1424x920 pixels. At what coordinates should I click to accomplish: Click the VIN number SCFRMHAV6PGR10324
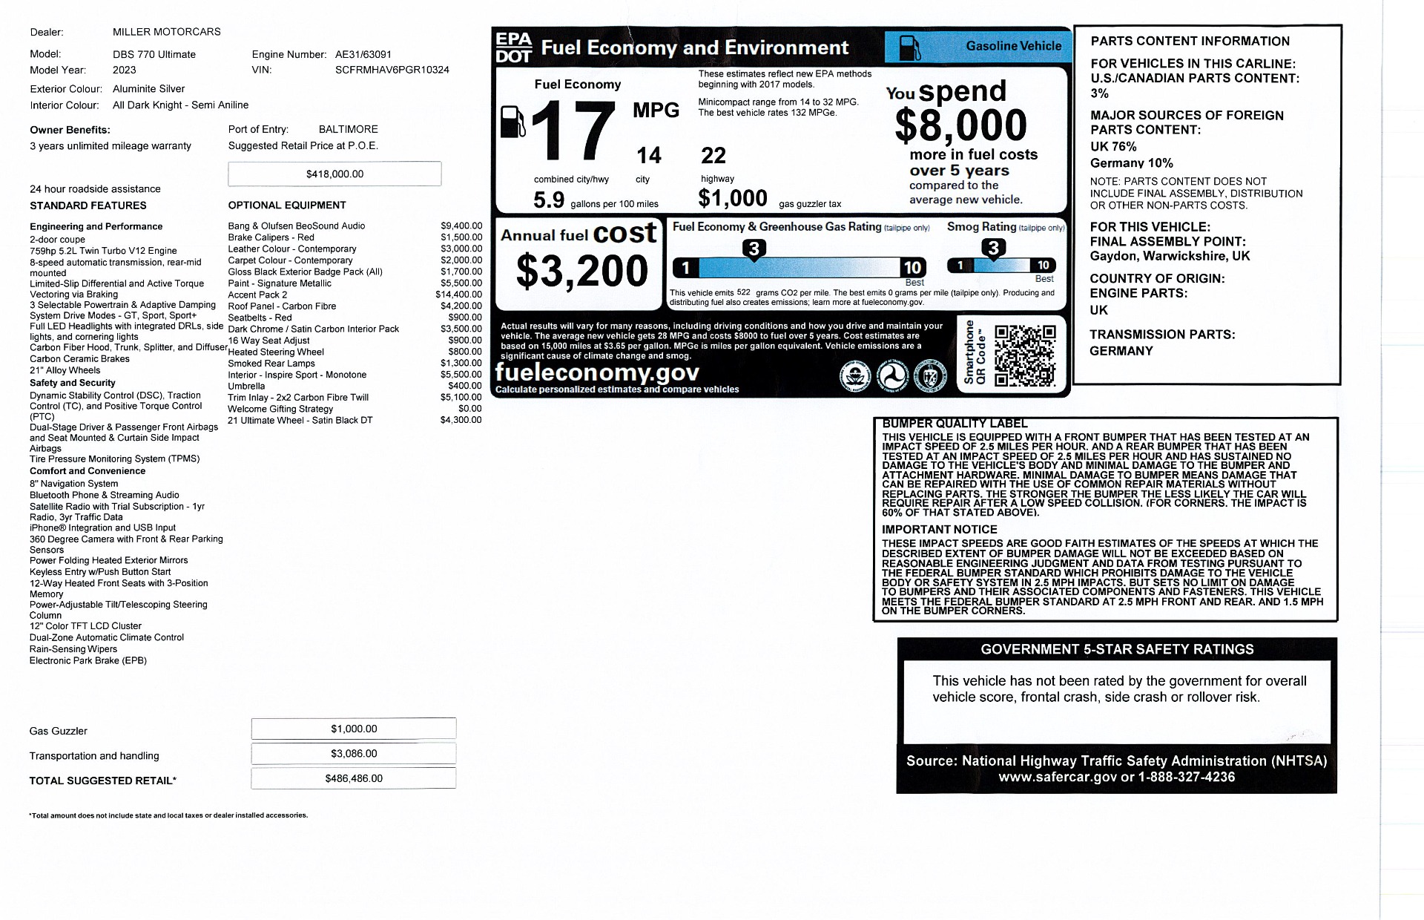point(392,70)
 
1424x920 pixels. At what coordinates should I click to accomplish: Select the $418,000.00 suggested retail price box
point(334,174)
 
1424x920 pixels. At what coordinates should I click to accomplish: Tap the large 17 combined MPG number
point(573,131)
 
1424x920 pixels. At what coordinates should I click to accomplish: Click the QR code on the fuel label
point(1024,355)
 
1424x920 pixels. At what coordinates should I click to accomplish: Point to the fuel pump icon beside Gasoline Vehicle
point(909,47)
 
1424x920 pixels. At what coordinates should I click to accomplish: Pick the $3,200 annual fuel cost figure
point(581,271)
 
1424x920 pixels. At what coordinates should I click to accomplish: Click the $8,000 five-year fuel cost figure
point(960,125)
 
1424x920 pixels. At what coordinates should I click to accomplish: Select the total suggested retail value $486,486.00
point(354,778)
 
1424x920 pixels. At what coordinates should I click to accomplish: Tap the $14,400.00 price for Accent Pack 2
point(458,295)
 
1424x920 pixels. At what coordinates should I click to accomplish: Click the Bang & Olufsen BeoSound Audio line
point(297,226)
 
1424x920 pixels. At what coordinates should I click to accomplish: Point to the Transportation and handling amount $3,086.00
point(354,753)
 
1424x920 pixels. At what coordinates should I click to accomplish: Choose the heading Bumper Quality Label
point(955,424)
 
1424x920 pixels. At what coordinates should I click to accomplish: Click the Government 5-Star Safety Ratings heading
point(1117,649)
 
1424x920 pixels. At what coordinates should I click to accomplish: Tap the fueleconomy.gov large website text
point(597,372)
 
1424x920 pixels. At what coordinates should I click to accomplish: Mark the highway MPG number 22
point(713,156)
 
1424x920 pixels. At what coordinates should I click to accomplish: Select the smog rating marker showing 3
point(993,248)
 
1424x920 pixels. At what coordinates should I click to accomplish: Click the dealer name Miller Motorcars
point(167,32)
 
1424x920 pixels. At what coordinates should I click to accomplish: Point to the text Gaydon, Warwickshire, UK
point(1170,256)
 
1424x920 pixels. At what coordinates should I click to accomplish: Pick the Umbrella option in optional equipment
point(246,386)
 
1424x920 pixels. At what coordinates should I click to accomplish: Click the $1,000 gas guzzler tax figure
point(733,198)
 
